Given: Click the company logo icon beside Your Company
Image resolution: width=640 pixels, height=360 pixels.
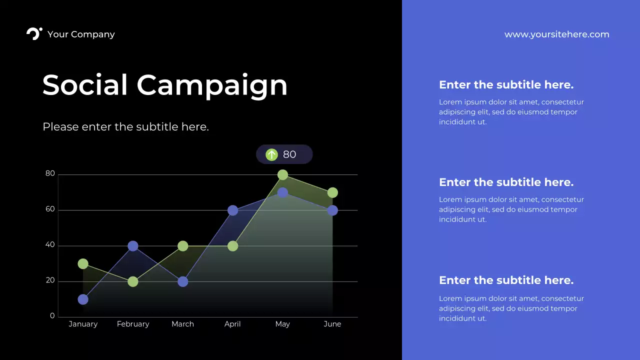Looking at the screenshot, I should pyautogui.click(x=34, y=34).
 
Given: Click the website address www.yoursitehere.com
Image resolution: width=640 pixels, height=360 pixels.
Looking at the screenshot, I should pyautogui.click(x=556, y=34).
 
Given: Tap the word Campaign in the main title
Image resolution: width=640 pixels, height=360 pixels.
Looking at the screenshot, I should pyautogui.click(x=212, y=85).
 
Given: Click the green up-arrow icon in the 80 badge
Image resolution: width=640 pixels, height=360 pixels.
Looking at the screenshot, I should pyautogui.click(x=271, y=154).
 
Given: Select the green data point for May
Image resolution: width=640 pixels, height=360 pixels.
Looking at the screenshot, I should pyautogui.click(x=282, y=175).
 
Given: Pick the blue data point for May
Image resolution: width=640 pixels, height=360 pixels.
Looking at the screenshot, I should pyautogui.click(x=282, y=192).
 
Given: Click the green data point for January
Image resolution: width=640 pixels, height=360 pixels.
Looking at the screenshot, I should pyautogui.click(x=83, y=264).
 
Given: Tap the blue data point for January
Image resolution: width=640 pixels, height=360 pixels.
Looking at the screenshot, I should pyautogui.click(x=83, y=299).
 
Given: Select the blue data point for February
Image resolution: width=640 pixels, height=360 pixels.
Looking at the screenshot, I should pyautogui.click(x=133, y=246).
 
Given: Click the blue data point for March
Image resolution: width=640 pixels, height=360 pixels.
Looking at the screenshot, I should pyautogui.click(x=183, y=281).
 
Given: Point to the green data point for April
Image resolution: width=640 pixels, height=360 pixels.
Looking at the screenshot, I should pyautogui.click(x=232, y=246).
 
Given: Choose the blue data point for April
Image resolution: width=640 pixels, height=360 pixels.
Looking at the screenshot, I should pyautogui.click(x=232, y=210).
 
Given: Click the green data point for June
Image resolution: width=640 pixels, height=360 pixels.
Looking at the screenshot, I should pyautogui.click(x=332, y=193).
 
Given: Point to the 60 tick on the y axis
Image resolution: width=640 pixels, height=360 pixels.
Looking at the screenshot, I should pyautogui.click(x=50, y=209).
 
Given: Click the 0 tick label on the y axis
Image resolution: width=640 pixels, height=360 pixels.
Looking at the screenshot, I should pyautogui.click(x=52, y=316).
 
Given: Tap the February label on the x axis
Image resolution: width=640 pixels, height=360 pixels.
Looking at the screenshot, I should pyautogui.click(x=133, y=324).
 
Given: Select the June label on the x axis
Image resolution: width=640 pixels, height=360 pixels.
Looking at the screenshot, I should pyautogui.click(x=332, y=324).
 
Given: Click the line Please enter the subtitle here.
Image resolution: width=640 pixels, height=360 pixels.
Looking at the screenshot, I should pyautogui.click(x=125, y=127).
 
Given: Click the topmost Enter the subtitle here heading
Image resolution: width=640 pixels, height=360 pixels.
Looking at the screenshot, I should pyautogui.click(x=506, y=85).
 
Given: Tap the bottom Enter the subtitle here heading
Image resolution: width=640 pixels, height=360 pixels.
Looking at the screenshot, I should pyautogui.click(x=506, y=280).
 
